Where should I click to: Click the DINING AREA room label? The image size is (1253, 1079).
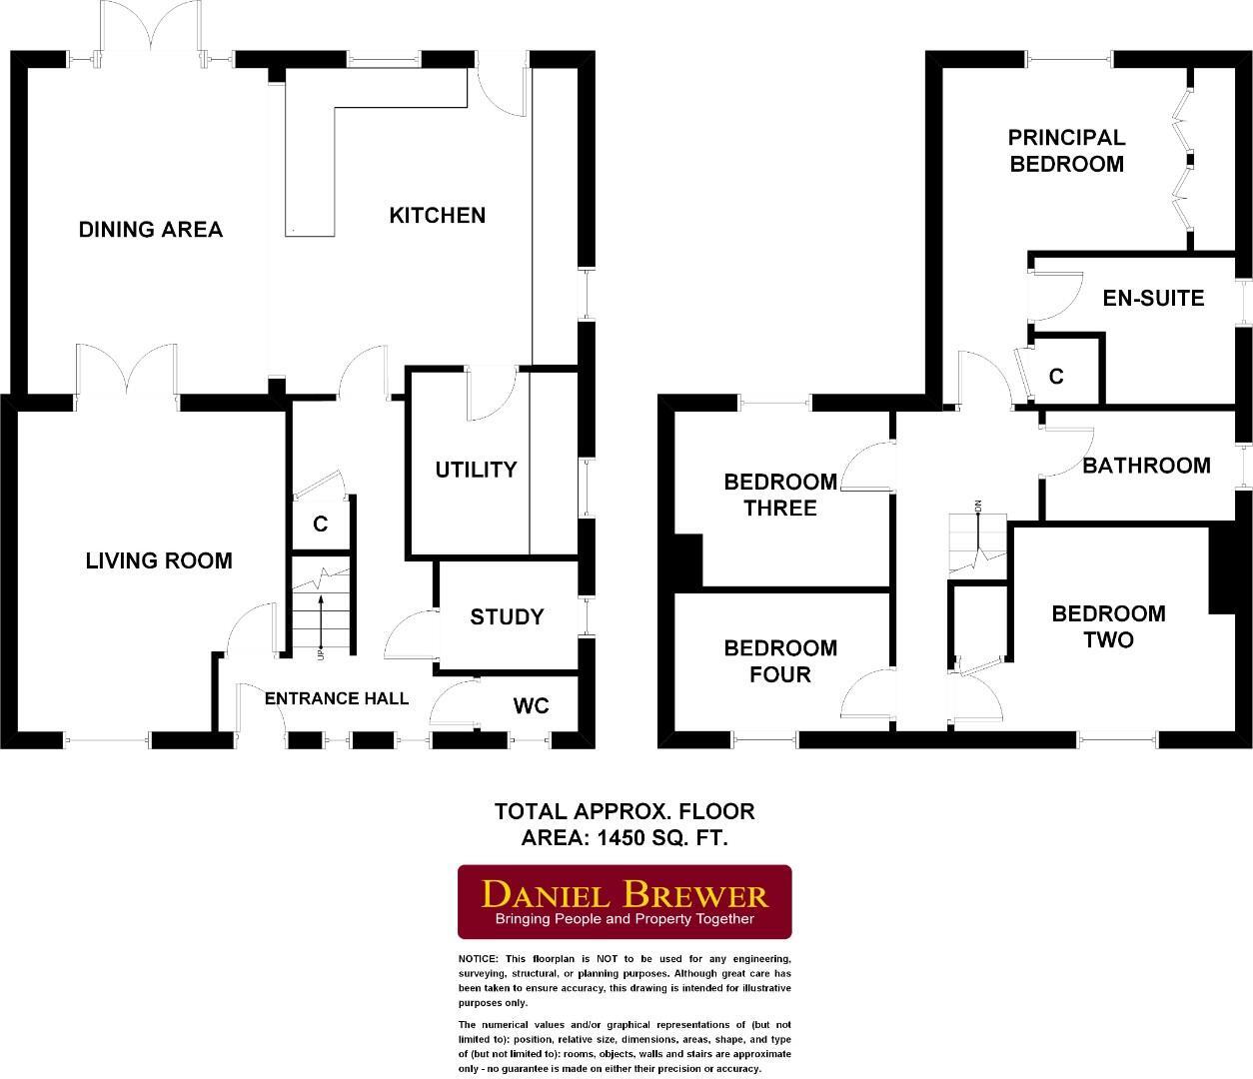(x=151, y=230)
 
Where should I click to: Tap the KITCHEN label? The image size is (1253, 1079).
(x=437, y=215)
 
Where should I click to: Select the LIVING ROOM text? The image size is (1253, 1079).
(x=159, y=560)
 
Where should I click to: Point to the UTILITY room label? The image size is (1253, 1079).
(x=476, y=470)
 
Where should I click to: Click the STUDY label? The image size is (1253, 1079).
(x=507, y=617)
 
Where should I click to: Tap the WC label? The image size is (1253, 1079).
(x=531, y=706)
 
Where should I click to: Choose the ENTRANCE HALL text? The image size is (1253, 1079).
(x=337, y=698)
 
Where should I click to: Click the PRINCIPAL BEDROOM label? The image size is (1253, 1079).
(x=1066, y=151)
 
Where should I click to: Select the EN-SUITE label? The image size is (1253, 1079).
(x=1153, y=298)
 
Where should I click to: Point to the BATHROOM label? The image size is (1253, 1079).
(x=1146, y=466)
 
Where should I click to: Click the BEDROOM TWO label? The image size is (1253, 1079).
(x=1108, y=626)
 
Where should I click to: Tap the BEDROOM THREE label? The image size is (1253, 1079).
(x=780, y=495)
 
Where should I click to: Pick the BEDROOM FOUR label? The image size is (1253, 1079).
(x=780, y=661)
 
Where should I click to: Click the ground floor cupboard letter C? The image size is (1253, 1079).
(x=321, y=524)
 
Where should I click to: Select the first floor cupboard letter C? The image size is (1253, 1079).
(x=1056, y=377)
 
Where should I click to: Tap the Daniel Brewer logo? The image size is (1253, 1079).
(x=625, y=902)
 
